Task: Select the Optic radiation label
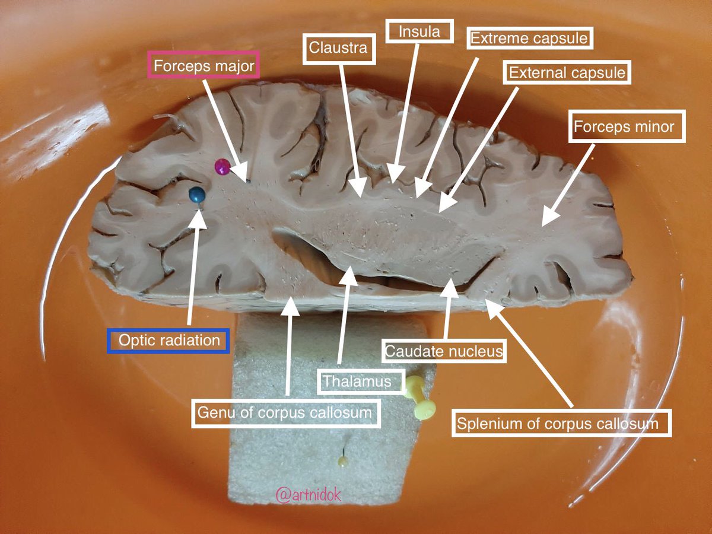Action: click(169, 341)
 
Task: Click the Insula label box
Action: click(419, 31)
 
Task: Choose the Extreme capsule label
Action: click(529, 39)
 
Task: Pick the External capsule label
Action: click(567, 73)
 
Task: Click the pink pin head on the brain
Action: click(222, 167)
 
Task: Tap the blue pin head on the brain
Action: click(196, 194)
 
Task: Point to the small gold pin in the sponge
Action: click(343, 460)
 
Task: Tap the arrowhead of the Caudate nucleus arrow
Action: click(451, 283)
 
